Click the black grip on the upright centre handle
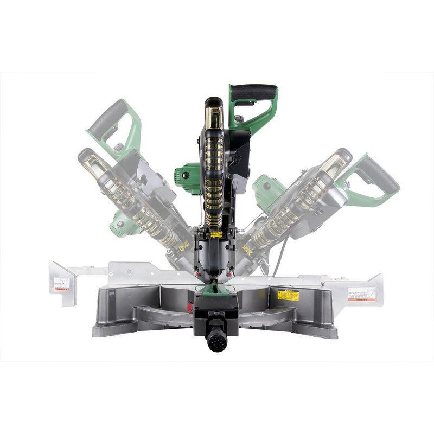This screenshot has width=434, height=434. [253, 91]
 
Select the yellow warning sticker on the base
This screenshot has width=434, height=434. [288, 295]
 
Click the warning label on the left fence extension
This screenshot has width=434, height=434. [61, 284]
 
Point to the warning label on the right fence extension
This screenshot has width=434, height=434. [361, 293]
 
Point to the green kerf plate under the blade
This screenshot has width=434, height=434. [216, 293]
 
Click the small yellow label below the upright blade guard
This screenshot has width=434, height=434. [216, 234]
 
